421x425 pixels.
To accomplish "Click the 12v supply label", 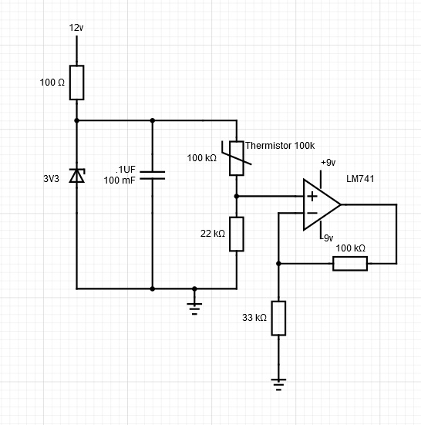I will (x=76, y=28).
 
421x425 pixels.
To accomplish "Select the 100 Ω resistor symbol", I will (x=76, y=83).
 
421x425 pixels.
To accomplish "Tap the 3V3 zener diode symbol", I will (x=76, y=176).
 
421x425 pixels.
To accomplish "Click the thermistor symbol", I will (x=237, y=157).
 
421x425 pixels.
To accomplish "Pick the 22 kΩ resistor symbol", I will (x=237, y=234).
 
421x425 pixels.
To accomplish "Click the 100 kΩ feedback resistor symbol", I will (x=350, y=263).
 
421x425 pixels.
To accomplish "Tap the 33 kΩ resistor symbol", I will (x=278, y=318).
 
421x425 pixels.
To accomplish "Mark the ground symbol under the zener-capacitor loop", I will (x=194, y=306).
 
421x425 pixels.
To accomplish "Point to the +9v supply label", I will (x=328, y=163).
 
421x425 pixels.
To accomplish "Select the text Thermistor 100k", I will (x=280, y=146).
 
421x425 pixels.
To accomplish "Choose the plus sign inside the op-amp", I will (x=311, y=196).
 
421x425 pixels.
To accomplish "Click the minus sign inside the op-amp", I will (x=311, y=214).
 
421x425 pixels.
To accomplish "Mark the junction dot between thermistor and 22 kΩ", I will (x=237, y=196).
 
